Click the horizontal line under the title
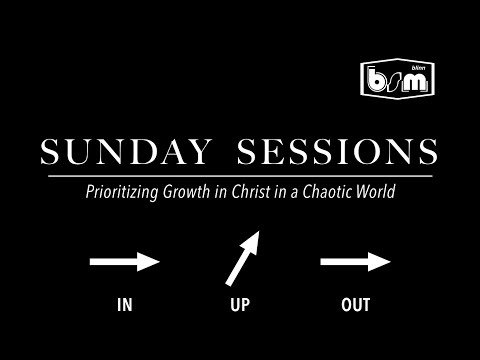(240, 175)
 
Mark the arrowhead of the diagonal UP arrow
(254, 240)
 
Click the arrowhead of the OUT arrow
(379, 263)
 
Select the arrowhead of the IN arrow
(149, 263)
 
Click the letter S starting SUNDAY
(49, 153)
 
